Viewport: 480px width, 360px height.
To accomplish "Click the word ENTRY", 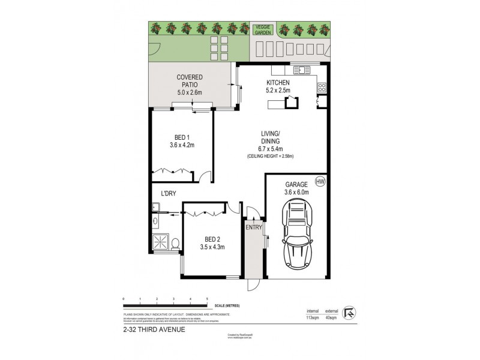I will tap(254, 227).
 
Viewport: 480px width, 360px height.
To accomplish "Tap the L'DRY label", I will tap(168, 193).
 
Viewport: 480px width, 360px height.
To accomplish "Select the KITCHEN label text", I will tap(278, 82).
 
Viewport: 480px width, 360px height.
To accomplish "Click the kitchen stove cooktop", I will tap(322, 88).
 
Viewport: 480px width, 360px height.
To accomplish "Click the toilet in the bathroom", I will tap(175, 244).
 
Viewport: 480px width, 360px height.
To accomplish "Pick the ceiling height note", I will tap(269, 156).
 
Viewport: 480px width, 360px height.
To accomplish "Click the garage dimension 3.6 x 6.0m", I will tap(296, 193).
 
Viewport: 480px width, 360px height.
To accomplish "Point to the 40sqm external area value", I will tap(331, 319).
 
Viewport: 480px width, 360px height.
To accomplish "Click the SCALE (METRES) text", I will tap(226, 305).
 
